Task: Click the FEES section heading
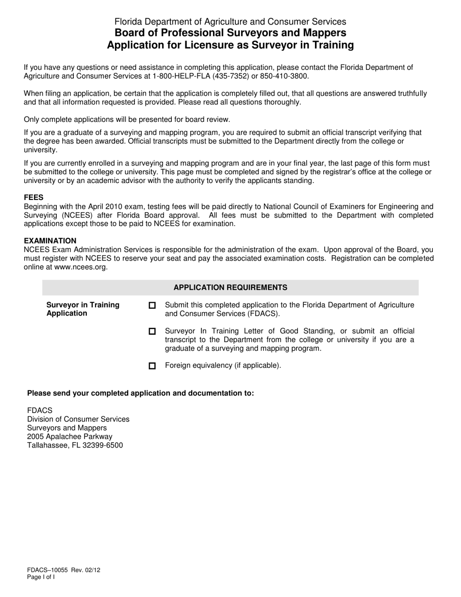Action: pyautogui.click(x=33, y=198)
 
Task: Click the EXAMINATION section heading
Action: pyautogui.click(x=50, y=241)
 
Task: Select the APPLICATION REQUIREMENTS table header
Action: pyautogui.click(x=230, y=287)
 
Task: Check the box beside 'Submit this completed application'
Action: pyautogui.click(x=152, y=305)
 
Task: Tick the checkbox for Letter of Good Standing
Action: pyautogui.click(x=152, y=331)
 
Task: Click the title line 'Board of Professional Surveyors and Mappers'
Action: pyautogui.click(x=230, y=33)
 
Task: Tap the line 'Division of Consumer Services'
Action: pyautogui.click(x=78, y=419)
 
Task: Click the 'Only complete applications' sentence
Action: pyautogui.click(x=127, y=119)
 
